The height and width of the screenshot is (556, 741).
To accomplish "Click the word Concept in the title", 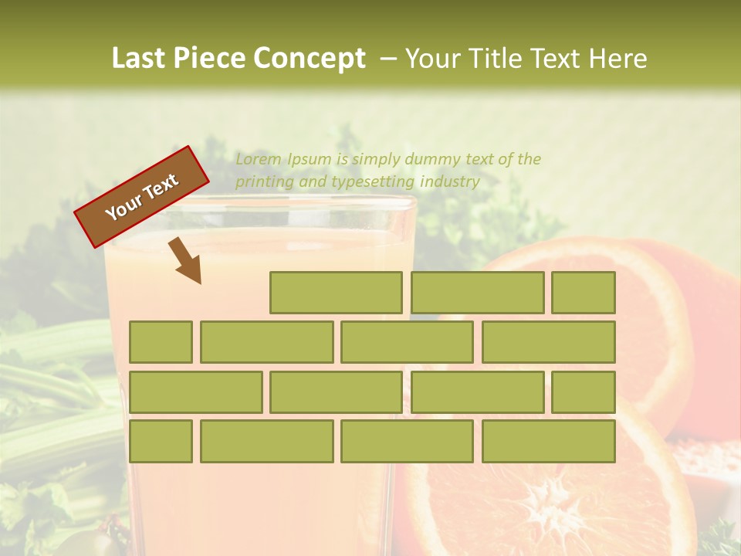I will pyautogui.click(x=310, y=59).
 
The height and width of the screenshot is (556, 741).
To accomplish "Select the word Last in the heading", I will pyautogui.click(x=139, y=59).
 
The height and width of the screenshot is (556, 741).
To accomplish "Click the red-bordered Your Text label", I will pyautogui.click(x=142, y=196).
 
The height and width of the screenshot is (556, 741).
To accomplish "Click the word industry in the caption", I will pyautogui.click(x=450, y=182).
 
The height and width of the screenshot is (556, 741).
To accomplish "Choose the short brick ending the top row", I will pyautogui.click(x=583, y=293).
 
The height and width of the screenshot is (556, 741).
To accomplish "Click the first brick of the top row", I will pyautogui.click(x=336, y=293).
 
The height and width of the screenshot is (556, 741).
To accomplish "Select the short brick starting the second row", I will pyautogui.click(x=161, y=342).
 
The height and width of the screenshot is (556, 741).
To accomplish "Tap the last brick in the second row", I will pyautogui.click(x=548, y=342).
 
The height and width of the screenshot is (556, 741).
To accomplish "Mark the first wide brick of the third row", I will pyautogui.click(x=195, y=392).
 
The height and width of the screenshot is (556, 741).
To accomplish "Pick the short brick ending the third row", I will pyautogui.click(x=583, y=392).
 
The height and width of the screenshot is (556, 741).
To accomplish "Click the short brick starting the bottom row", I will pyautogui.click(x=161, y=441).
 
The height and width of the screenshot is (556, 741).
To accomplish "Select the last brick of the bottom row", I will pyautogui.click(x=548, y=441).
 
